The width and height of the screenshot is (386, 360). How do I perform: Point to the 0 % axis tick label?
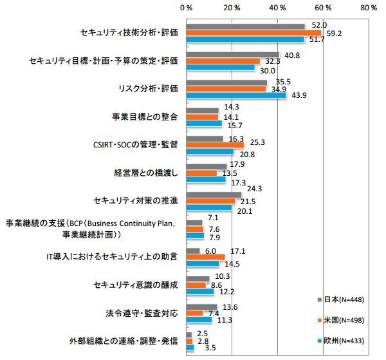click(186, 8)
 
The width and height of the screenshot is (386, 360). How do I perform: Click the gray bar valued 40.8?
click(233, 55)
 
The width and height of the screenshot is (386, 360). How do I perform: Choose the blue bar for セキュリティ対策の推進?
click(209, 207)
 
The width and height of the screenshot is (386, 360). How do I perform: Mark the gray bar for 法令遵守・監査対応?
click(201, 307)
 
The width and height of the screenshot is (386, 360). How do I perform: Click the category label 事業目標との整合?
click(145, 117)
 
